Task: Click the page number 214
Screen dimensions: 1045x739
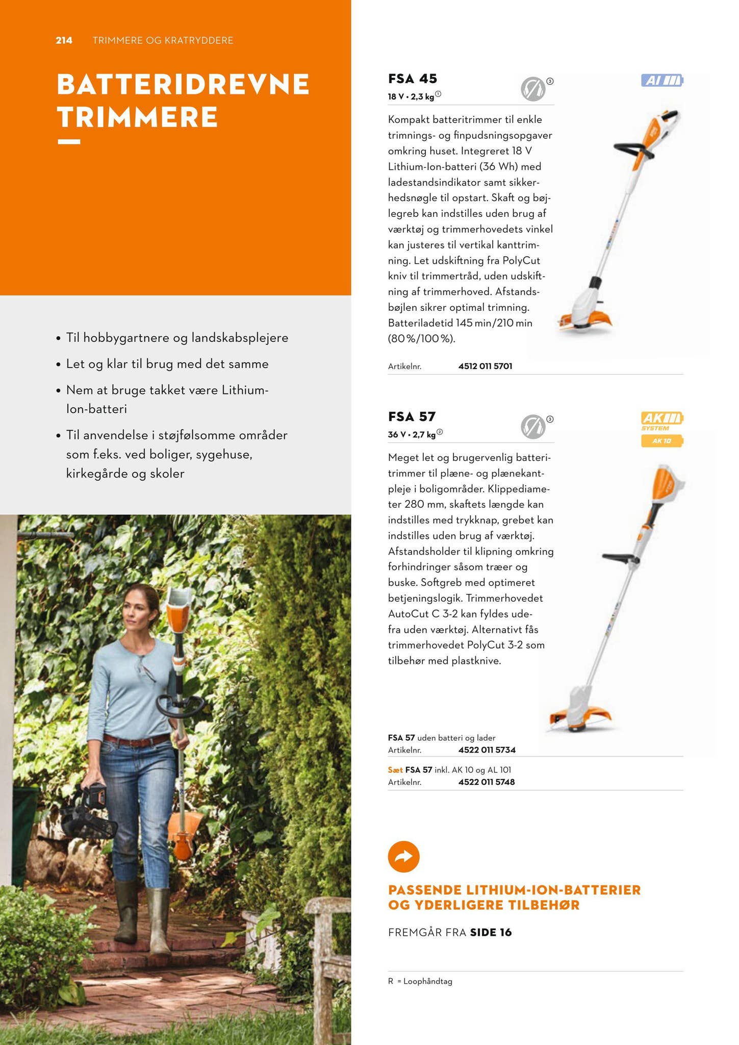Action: point(64,40)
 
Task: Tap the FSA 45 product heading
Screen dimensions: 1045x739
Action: point(412,79)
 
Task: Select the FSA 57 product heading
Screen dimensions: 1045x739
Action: point(412,416)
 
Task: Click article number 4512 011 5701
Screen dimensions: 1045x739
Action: point(485,366)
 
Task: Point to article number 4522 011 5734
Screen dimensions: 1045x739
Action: point(487,750)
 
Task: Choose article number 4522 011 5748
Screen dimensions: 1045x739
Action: point(486,782)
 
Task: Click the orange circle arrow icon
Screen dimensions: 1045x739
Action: point(403,856)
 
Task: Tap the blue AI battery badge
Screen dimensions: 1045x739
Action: point(661,81)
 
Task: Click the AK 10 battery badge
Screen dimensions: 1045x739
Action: point(661,441)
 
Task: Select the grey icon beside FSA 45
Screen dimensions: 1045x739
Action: point(532,89)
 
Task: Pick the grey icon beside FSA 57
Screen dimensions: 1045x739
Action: point(532,427)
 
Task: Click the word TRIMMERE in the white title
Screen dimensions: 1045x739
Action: point(138,117)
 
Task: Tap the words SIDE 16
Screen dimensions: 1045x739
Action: point(491,932)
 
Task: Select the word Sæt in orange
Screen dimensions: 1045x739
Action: point(395,770)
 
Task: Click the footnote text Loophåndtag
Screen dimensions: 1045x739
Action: point(427,981)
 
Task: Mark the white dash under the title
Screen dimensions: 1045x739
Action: point(69,141)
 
